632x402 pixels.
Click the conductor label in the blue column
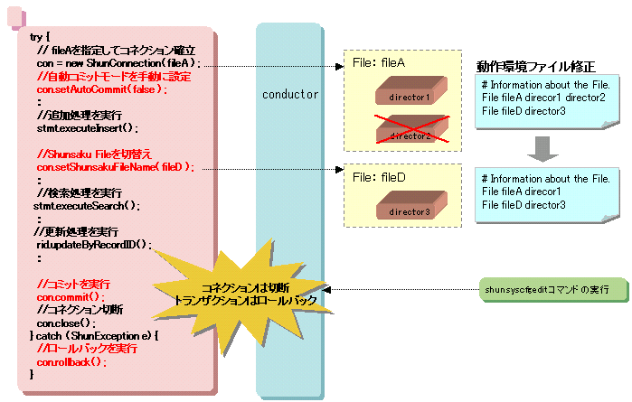(289, 94)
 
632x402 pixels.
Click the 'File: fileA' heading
(379, 63)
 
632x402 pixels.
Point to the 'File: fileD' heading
(379, 178)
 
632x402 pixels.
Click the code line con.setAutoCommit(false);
(102, 89)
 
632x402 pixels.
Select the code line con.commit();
(71, 296)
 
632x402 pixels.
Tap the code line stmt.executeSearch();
(87, 206)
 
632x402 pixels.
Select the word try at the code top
(36, 37)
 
